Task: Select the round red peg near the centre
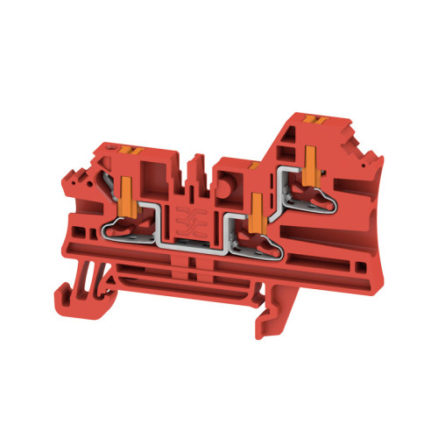pos(228,168)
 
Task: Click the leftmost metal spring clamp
pos(123,230)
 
